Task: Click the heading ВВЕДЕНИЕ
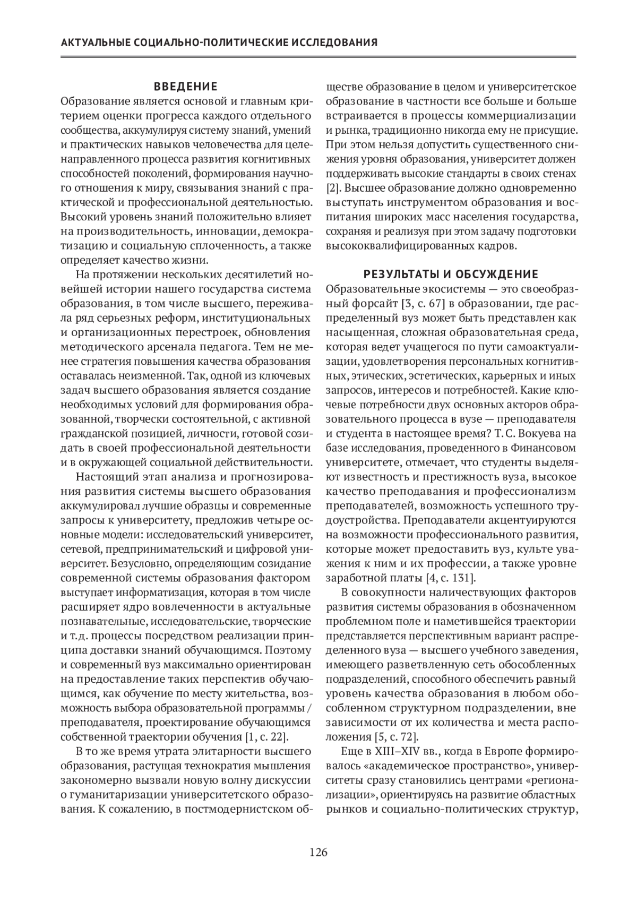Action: click(x=186, y=87)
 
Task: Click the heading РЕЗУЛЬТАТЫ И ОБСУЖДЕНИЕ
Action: click(x=451, y=274)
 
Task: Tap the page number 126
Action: click(x=318, y=852)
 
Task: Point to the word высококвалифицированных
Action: click(x=405, y=246)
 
